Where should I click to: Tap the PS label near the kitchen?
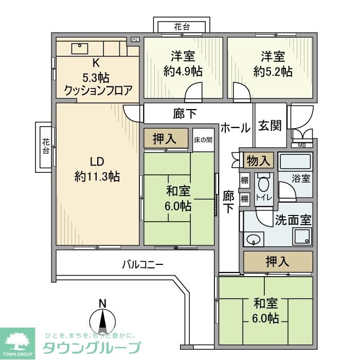pos(135,40)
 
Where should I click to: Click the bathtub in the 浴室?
pos(295,163)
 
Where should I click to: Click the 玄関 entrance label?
pos(270,126)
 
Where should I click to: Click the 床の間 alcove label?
pos(203,139)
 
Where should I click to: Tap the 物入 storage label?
pos(259,160)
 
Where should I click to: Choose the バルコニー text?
pos(142,265)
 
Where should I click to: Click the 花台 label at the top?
pos(182,27)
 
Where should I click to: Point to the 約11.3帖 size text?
pos(97,176)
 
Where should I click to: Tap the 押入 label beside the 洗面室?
pos(277,261)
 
